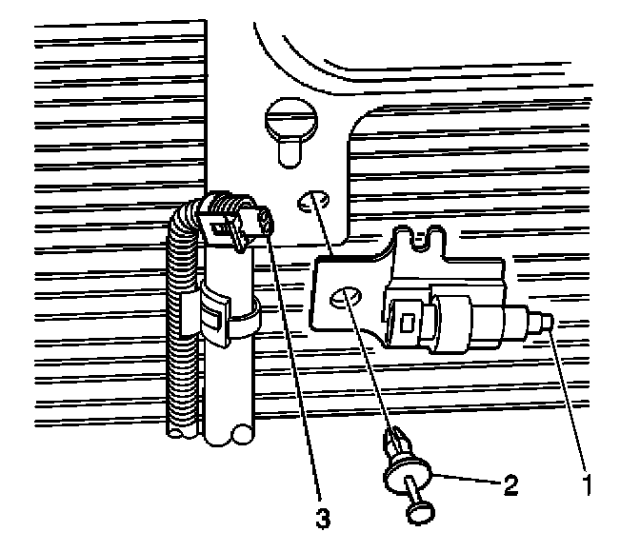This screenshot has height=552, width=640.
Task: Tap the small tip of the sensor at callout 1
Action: coord(551,325)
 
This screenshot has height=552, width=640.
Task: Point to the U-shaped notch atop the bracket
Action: coord(426,238)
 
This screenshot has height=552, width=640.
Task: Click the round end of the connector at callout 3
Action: coord(263,225)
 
